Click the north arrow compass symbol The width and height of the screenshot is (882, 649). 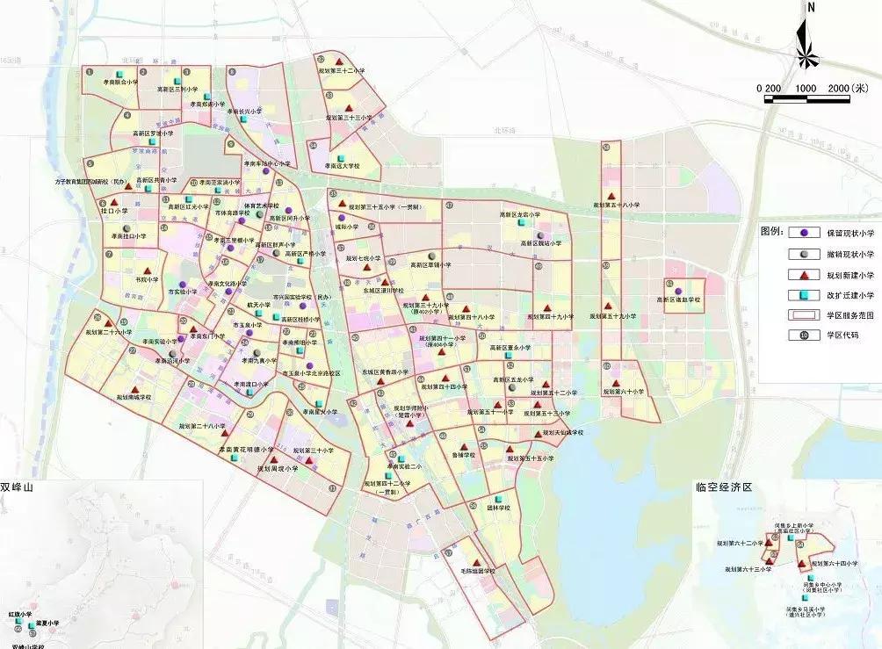click(x=810, y=40)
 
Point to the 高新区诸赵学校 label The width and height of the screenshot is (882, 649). click(x=679, y=299)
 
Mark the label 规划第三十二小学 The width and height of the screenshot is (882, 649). click(x=338, y=69)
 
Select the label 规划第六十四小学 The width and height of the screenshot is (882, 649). click(x=833, y=562)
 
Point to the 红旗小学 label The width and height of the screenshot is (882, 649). click(x=20, y=615)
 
